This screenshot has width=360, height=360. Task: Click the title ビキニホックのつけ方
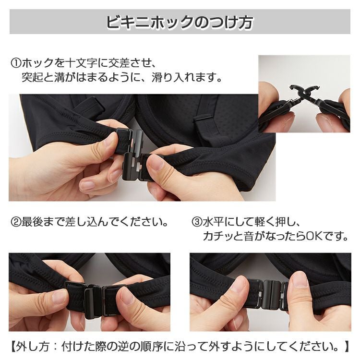(180, 22)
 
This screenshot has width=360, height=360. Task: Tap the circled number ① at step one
(16, 63)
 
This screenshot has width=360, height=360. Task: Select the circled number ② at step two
(16, 222)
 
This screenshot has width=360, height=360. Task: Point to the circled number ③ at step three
(197, 222)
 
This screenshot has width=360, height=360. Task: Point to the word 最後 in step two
(32, 222)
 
